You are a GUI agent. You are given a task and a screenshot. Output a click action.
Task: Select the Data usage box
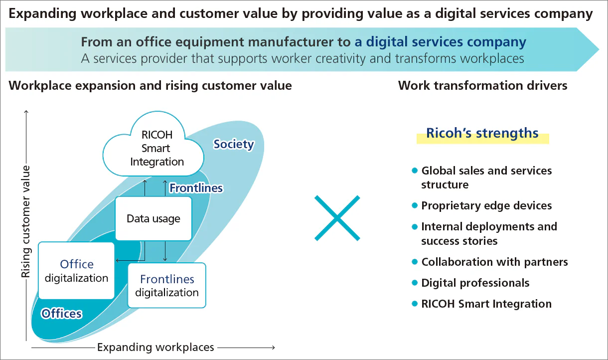click(x=153, y=218)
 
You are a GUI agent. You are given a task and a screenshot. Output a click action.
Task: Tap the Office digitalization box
click(x=77, y=271)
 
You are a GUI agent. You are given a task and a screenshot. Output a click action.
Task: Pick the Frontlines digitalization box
click(x=167, y=285)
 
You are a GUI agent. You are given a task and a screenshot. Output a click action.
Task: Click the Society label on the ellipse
click(x=234, y=145)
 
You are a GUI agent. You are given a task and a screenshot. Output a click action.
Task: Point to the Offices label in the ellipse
click(x=62, y=314)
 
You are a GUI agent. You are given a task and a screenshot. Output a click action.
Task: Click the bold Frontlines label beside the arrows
click(x=196, y=188)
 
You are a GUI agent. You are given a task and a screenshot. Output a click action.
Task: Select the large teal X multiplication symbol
click(x=337, y=218)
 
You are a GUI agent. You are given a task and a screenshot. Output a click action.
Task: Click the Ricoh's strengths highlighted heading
click(x=482, y=134)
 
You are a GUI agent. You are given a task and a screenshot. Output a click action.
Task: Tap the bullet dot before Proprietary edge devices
click(x=414, y=205)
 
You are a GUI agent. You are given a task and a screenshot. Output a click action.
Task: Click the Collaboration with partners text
click(x=494, y=262)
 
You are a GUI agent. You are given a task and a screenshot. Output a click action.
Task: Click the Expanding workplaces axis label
click(x=155, y=347)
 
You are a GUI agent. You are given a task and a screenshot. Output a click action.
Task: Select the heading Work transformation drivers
click(x=482, y=86)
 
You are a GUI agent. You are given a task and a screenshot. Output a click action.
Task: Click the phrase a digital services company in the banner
click(x=440, y=42)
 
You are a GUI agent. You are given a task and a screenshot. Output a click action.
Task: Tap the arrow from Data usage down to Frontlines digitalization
click(x=165, y=251)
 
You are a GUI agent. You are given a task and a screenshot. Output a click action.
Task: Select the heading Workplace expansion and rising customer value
click(x=150, y=86)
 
